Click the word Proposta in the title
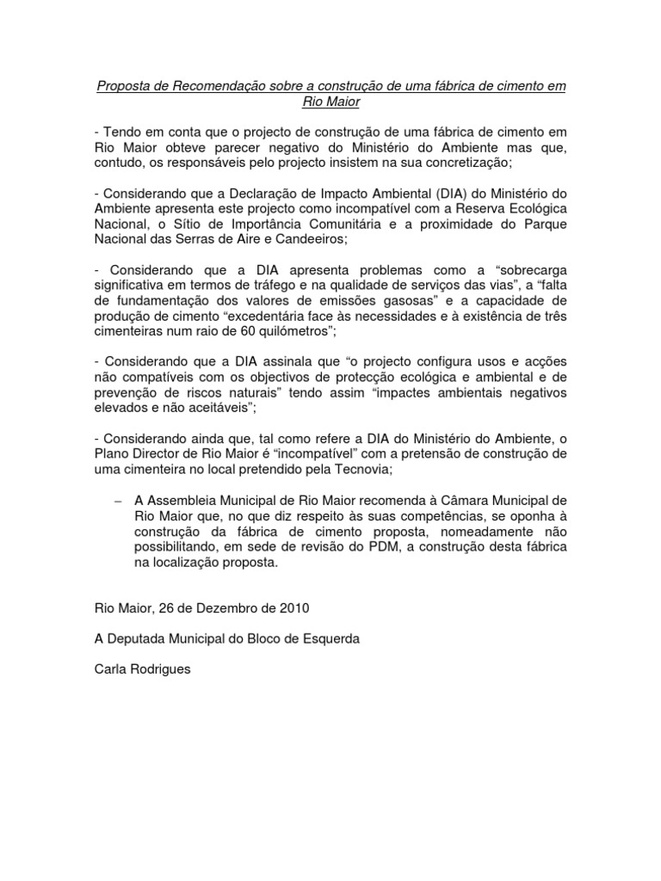point(122,87)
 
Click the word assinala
point(291,362)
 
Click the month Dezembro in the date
point(223,607)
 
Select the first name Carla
point(112,668)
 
